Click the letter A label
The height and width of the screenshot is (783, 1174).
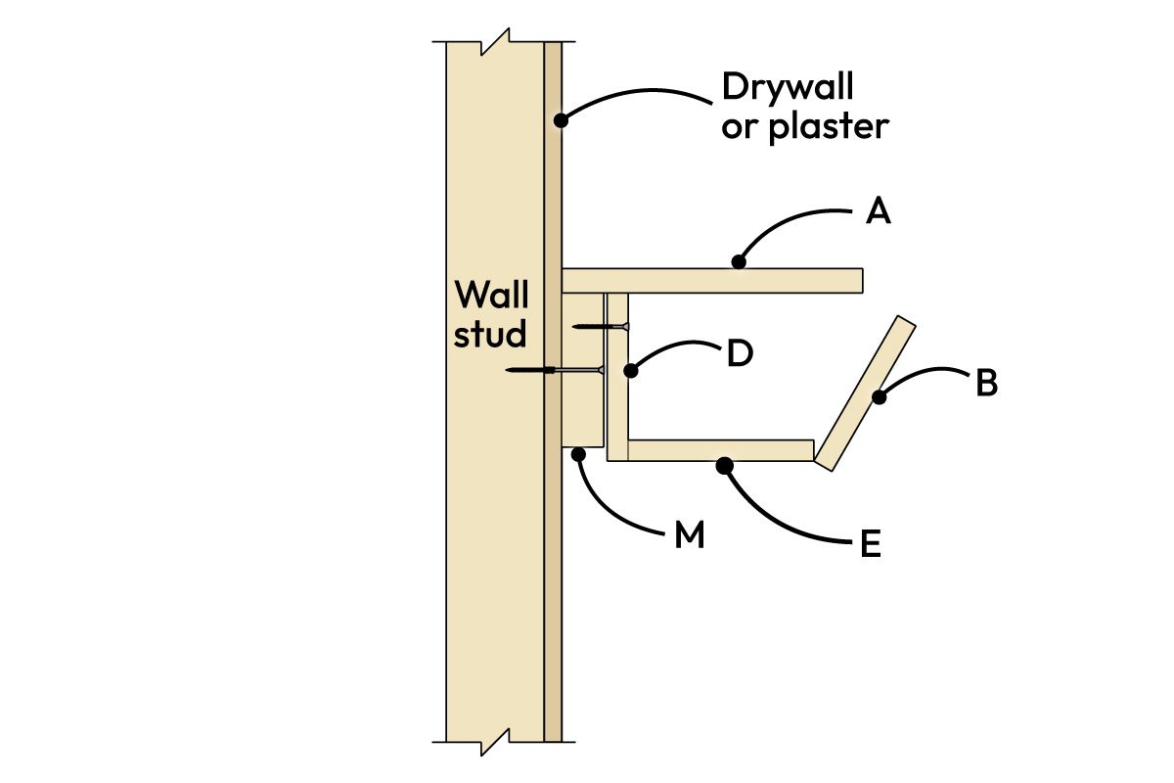[x=878, y=211]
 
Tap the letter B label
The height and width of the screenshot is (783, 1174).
[x=986, y=384]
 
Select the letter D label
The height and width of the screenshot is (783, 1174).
[x=739, y=354]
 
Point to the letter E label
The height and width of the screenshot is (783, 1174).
[x=870, y=544]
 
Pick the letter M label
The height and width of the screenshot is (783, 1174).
[x=690, y=537]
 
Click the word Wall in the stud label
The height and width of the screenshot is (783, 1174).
[x=491, y=294]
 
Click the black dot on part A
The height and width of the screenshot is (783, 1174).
[x=739, y=261]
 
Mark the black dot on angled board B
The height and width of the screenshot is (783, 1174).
[x=879, y=396]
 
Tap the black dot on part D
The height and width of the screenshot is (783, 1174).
[x=631, y=371]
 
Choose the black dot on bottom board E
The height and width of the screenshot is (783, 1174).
[x=724, y=467]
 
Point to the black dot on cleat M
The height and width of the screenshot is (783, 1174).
[x=580, y=453]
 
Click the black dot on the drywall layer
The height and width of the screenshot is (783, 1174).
[x=561, y=120]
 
